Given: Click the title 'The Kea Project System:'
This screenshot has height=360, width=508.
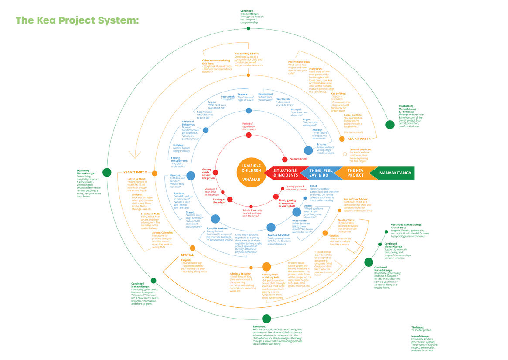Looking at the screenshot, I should click(x=77, y=20).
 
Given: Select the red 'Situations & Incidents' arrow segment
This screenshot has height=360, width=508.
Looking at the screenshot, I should click(x=284, y=173).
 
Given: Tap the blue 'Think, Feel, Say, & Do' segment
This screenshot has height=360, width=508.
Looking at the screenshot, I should click(x=322, y=173).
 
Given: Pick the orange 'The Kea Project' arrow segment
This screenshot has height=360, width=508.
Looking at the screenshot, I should click(x=355, y=173).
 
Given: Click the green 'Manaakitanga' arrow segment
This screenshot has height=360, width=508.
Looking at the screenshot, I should click(x=391, y=173).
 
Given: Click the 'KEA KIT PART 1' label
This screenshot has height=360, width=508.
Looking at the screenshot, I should click(x=359, y=139).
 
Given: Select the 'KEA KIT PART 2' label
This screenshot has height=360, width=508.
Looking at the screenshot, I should click(x=135, y=172).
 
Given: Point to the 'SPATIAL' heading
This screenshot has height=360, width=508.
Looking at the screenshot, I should click(x=187, y=255).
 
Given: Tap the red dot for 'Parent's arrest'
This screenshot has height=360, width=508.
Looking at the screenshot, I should click(x=285, y=159).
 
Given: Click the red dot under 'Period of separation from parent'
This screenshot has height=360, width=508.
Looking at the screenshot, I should click(x=249, y=135).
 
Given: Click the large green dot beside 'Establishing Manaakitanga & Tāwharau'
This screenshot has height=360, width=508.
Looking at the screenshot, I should click(x=390, y=125).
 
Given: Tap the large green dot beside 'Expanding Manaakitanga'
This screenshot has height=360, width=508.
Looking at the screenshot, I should click(x=106, y=172).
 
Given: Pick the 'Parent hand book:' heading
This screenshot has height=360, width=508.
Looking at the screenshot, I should click(x=299, y=62).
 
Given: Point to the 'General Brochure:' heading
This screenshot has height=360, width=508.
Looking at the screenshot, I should click(x=360, y=149).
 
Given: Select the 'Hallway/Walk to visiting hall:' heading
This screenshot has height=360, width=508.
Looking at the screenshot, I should click(x=271, y=276).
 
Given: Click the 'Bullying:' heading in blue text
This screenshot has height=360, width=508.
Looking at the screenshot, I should click(x=178, y=145).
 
